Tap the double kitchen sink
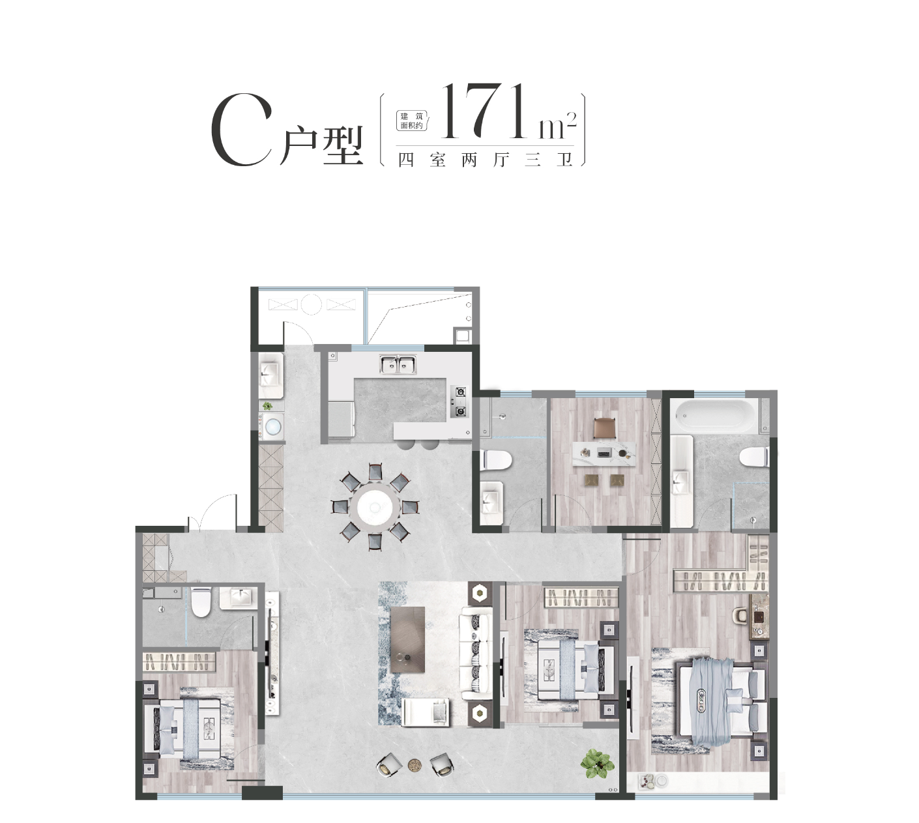tap(398, 364)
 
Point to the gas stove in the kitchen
tap(459, 402)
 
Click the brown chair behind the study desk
tap(604, 428)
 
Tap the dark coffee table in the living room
tap(407, 640)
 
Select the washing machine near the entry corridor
tap(272, 427)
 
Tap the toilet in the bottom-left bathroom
tap(201, 601)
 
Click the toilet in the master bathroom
tap(754, 456)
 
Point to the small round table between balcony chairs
tap(415, 766)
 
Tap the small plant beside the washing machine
tap(268, 406)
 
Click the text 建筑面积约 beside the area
tap(412, 121)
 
